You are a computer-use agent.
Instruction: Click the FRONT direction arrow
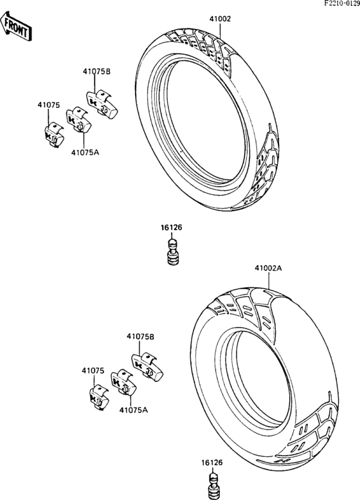(x=15, y=26)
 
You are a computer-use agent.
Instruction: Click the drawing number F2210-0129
(x=342, y=3)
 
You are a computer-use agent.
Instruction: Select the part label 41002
(x=220, y=19)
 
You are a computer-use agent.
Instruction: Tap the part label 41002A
(x=268, y=268)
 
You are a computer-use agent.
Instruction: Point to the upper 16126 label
(x=172, y=228)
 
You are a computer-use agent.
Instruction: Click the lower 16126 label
(x=212, y=463)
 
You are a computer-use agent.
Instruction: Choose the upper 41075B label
(x=97, y=71)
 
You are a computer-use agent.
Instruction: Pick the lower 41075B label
(x=141, y=337)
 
